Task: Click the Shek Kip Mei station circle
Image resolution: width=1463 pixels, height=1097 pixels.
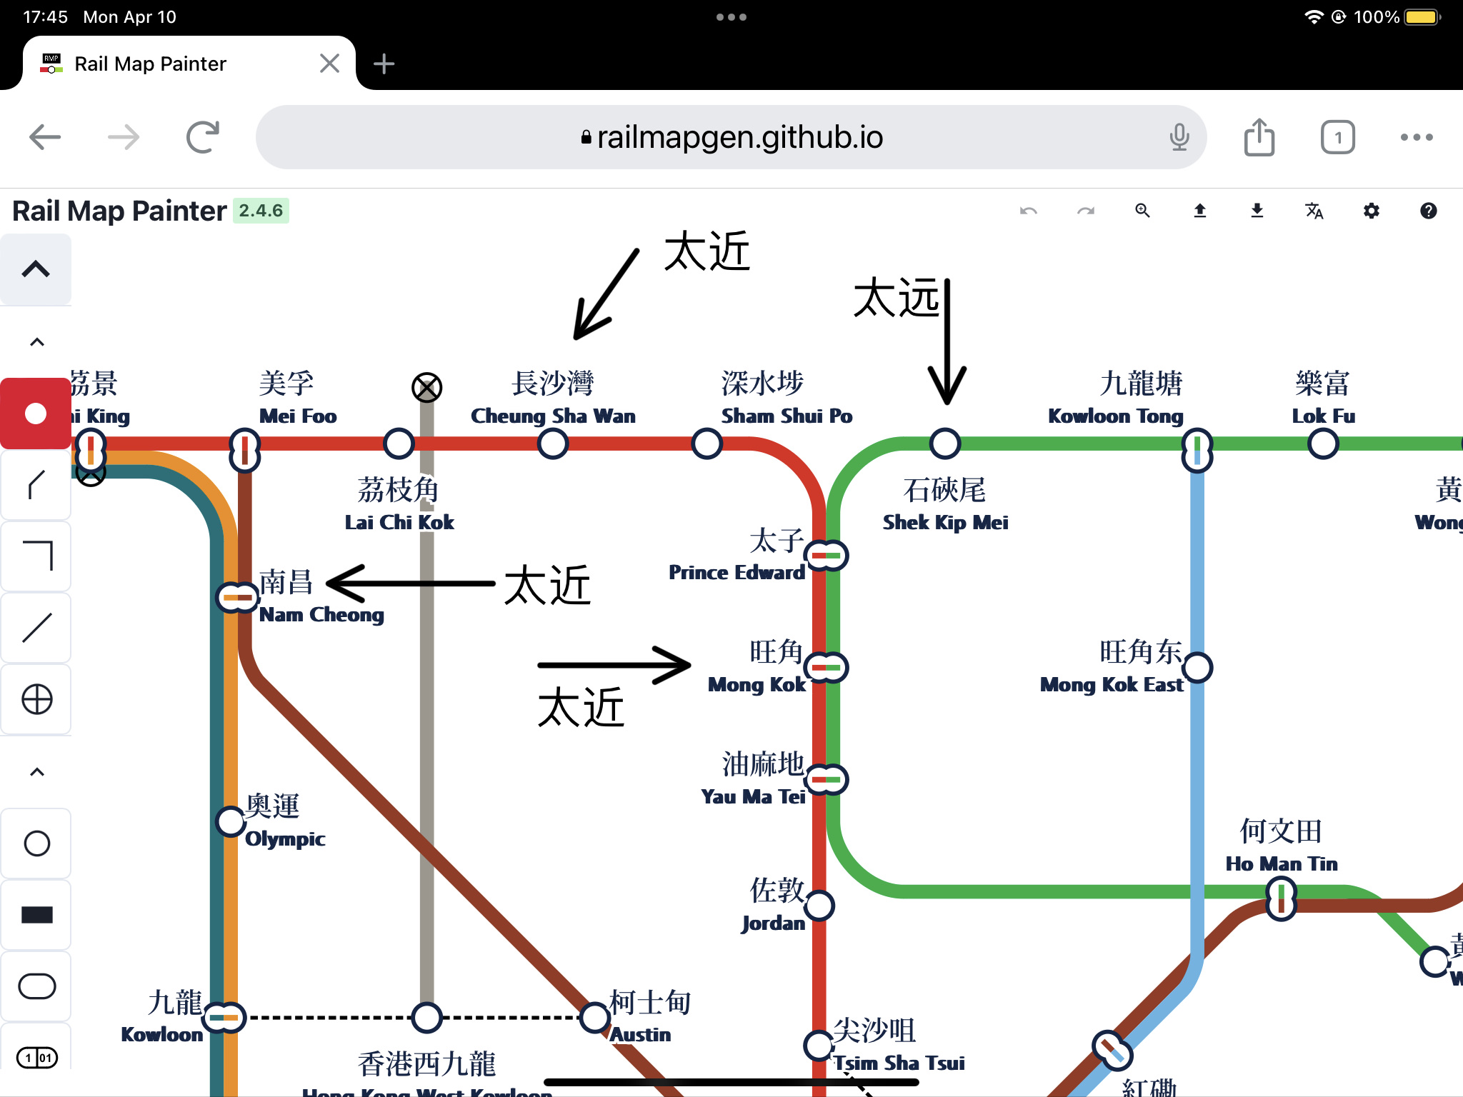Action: coord(944,444)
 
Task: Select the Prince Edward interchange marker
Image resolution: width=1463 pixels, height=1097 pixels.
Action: coord(826,555)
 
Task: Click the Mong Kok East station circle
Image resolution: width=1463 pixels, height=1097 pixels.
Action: coord(1197,668)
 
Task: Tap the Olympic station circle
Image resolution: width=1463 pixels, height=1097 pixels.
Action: coord(231,821)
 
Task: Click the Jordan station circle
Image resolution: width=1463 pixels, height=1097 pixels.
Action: coord(819,906)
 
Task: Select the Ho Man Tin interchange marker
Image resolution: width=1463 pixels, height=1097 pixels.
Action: coord(1281,898)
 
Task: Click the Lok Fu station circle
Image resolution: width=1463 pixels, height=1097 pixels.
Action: coord(1323,444)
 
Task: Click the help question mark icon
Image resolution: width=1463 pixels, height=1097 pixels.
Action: coord(1428,211)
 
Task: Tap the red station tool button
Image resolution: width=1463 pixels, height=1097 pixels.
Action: coord(36,414)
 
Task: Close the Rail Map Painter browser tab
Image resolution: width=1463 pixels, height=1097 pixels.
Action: coord(329,64)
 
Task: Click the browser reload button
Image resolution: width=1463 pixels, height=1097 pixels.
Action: coord(203,137)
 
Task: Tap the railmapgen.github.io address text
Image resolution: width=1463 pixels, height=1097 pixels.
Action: coord(739,137)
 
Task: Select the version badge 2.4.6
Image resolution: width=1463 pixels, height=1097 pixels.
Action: coord(261,211)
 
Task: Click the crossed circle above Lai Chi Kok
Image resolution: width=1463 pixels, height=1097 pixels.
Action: coord(426,388)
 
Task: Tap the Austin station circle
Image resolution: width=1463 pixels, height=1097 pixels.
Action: coord(594,1018)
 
